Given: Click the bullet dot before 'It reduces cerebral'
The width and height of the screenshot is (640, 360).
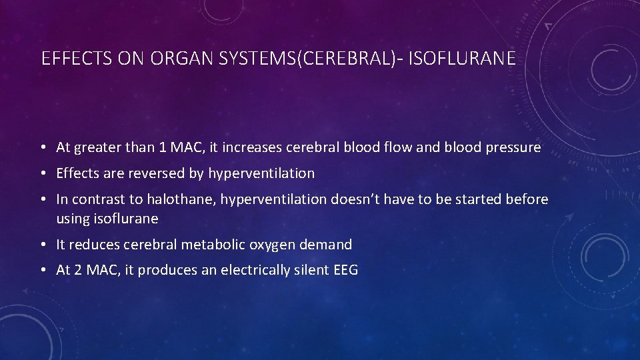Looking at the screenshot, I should point(43,245).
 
